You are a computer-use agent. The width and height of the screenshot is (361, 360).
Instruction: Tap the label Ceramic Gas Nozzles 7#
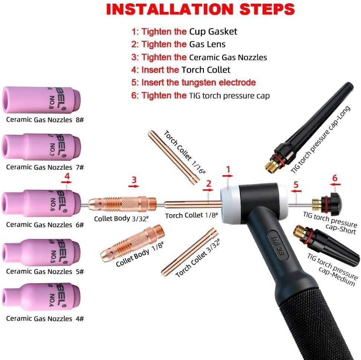coord(45,167)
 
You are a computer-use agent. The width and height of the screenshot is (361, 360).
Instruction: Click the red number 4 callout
coord(67,176)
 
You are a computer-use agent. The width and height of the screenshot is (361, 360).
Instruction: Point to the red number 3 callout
coord(134,180)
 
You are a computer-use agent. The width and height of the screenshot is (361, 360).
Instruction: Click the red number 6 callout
coord(335,178)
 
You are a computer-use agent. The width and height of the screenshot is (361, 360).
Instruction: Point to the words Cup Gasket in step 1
coord(213,32)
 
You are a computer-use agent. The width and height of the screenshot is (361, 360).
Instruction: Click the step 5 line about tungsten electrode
coord(193,82)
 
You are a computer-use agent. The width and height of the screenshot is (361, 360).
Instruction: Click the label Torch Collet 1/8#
coord(189,216)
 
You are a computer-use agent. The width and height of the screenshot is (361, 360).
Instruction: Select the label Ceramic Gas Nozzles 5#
coord(45,272)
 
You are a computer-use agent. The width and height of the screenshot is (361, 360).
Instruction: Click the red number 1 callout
coord(228,170)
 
